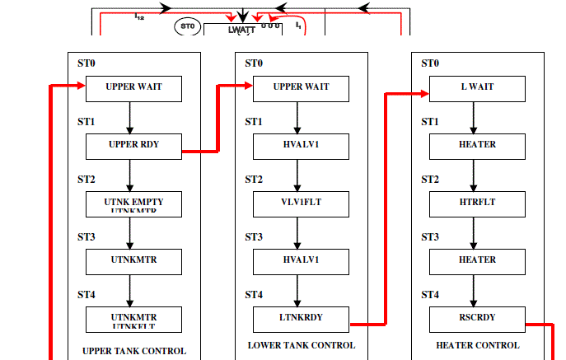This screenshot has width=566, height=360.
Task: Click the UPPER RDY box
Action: (133, 146)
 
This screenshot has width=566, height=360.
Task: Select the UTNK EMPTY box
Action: (133, 203)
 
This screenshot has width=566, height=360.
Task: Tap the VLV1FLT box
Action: (301, 203)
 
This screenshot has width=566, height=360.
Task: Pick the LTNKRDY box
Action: (301, 319)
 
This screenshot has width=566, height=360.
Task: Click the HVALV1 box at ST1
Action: (301, 146)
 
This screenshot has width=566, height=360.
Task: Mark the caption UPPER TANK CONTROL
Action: (134, 351)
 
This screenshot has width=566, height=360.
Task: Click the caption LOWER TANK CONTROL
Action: (302, 345)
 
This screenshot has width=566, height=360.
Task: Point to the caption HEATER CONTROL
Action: (478, 345)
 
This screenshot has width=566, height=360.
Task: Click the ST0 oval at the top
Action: (188, 26)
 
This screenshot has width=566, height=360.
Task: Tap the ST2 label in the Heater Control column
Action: (430, 180)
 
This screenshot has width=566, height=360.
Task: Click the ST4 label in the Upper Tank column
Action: (87, 295)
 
